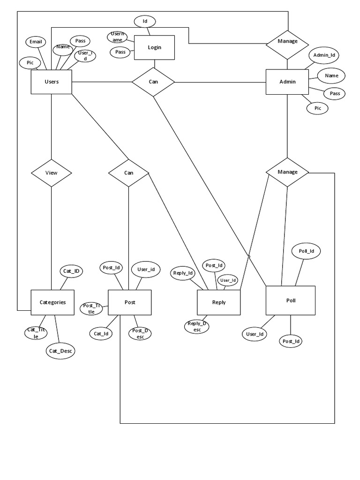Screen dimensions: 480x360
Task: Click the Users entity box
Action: pos(51,82)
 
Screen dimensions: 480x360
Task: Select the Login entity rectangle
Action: pos(154,48)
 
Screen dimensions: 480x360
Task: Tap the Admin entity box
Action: pos(287,82)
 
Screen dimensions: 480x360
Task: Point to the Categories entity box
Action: pos(52,302)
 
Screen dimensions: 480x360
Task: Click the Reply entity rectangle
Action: pos(218,302)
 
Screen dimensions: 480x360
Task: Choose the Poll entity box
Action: pos(291,300)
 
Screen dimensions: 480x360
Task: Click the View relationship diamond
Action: pos(51,172)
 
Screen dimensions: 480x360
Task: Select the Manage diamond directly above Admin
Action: pos(287,41)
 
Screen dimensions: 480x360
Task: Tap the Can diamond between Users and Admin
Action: pos(153,82)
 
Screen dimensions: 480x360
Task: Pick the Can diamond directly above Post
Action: pos(128,172)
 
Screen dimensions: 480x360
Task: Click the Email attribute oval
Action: pos(36,42)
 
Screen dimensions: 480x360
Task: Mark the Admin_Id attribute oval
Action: pos(323,55)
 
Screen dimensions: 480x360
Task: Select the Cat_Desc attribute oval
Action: pos(60,350)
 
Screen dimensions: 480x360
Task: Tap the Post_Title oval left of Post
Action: pos(91,308)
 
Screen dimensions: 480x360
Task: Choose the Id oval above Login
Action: pos(145,21)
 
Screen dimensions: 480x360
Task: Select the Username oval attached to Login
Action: pos(117,37)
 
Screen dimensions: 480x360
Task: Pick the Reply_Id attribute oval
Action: pos(183,273)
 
